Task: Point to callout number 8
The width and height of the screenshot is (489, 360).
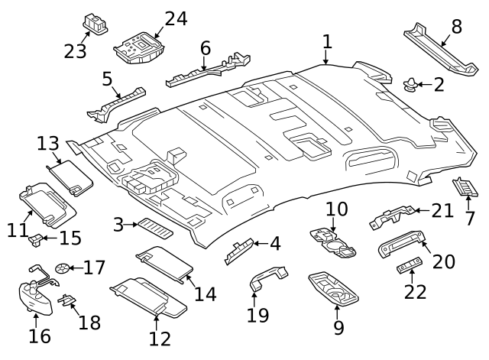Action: tap(457, 27)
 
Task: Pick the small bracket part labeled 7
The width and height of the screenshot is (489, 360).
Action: tap(465, 186)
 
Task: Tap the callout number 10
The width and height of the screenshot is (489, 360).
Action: tap(337, 209)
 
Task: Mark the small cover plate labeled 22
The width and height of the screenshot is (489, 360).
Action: tap(409, 268)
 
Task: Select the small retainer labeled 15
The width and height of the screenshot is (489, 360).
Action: tap(34, 241)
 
